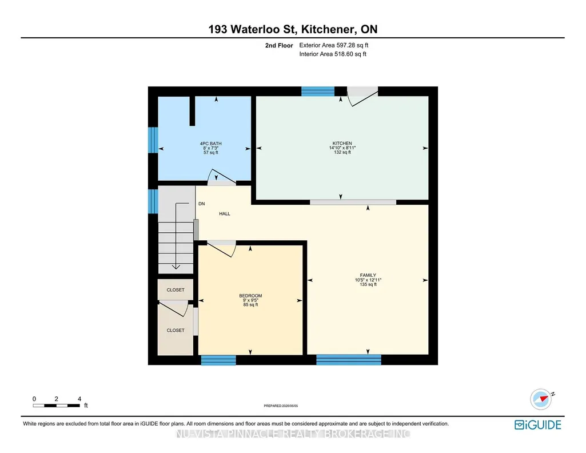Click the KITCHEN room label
pos(342,143)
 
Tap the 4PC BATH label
pos(211,144)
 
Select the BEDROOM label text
pos(250,296)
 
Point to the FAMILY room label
pos(368,275)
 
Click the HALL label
pos(225,214)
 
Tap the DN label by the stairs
pos(201,204)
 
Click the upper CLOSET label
pos(176,289)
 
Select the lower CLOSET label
pos(176,330)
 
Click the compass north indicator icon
pos(541,399)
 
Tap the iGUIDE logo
pos(538,424)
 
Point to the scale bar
pos(57,406)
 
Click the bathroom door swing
pos(221,177)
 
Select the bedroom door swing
pos(221,249)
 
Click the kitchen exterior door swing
pos(362,97)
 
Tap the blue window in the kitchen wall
pos(318,91)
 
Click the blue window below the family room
pos(349,360)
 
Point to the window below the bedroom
pos(218,360)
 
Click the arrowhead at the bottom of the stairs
pos(176,267)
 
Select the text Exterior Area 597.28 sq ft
pos(334,45)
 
